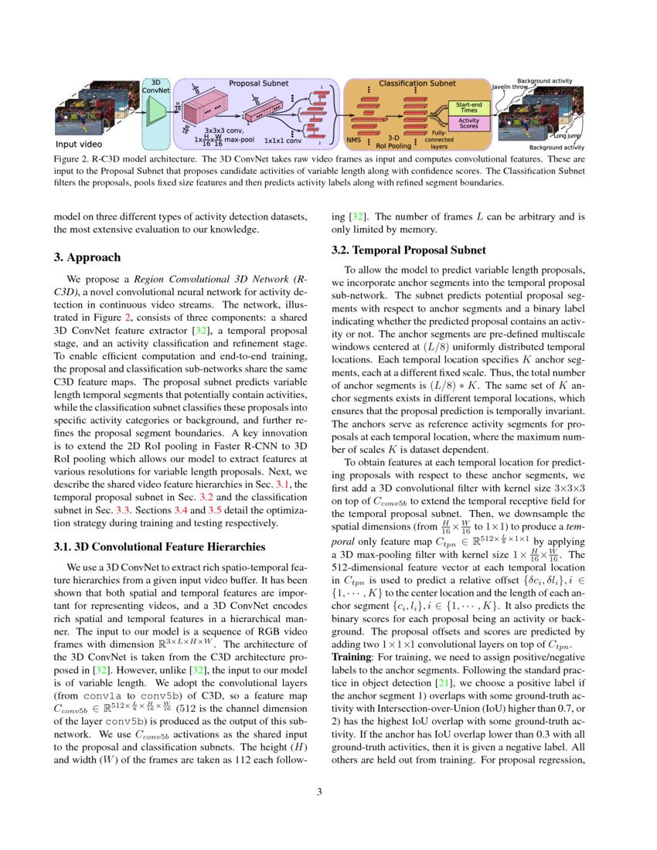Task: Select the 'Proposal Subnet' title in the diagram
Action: coord(259,83)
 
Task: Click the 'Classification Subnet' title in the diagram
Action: coord(416,83)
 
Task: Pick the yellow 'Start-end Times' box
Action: coord(469,107)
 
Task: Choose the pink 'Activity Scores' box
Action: coord(469,123)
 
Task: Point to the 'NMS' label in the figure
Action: coord(353,140)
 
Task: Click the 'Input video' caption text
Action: coord(78,144)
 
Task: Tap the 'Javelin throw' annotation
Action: coord(510,87)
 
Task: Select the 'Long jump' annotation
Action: coord(567,136)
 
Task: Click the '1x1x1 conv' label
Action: coord(282,141)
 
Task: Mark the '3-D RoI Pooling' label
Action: coord(393,141)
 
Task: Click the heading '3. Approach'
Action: coord(87,257)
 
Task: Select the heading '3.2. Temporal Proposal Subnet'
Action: coord(408,250)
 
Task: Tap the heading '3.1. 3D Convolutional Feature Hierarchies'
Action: coord(159,546)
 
